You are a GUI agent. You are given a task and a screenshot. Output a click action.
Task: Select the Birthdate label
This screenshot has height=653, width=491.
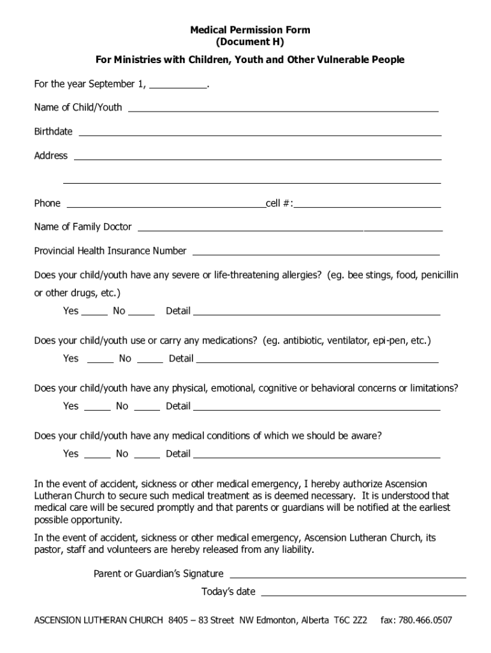(53, 131)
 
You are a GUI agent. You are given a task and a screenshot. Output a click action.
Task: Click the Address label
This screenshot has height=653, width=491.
(50, 156)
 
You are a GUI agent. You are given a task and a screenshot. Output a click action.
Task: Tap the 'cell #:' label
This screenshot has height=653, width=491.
(279, 203)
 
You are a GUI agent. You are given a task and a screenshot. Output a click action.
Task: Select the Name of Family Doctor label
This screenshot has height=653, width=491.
(83, 227)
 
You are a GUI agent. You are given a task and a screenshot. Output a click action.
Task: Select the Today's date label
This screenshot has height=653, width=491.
(228, 592)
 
